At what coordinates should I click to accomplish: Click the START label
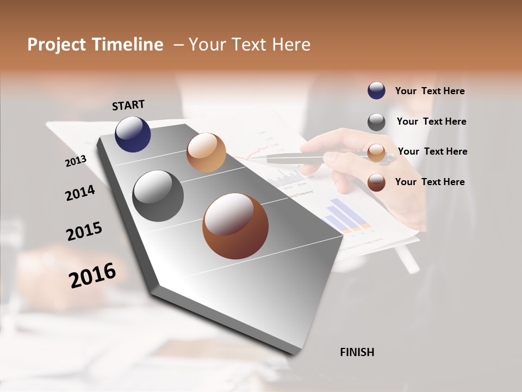(x=128, y=105)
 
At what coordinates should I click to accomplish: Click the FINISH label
(x=357, y=352)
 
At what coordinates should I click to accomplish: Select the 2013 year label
(x=76, y=161)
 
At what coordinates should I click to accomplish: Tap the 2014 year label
(x=80, y=193)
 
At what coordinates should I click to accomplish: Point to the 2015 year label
(x=84, y=231)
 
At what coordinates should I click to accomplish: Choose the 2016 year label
(x=92, y=275)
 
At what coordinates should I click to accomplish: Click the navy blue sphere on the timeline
(x=133, y=134)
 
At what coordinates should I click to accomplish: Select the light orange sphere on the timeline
(x=206, y=152)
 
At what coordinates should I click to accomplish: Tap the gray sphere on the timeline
(x=158, y=196)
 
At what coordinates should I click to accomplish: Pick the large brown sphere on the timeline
(x=235, y=226)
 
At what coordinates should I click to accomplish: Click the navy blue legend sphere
(x=376, y=90)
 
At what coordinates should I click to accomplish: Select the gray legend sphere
(x=376, y=122)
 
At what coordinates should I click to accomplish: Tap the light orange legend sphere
(x=376, y=152)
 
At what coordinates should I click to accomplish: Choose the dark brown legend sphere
(x=376, y=182)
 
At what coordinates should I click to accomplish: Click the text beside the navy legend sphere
(x=430, y=91)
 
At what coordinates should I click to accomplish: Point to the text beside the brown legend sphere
(x=430, y=182)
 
